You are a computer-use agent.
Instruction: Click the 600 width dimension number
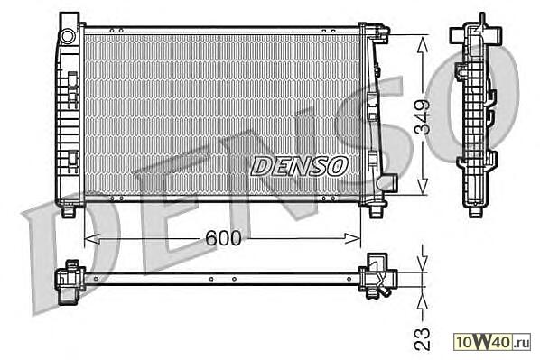[x=223, y=238]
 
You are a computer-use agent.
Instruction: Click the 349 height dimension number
[x=423, y=117]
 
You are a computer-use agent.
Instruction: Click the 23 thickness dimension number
[x=423, y=339]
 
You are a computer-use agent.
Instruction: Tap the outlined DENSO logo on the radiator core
[x=299, y=166]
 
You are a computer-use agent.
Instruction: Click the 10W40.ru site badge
[x=492, y=342]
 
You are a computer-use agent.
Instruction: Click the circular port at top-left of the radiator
[x=68, y=36]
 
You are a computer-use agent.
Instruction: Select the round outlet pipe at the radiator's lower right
[x=390, y=181]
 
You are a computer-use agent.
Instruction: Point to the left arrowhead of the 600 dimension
[x=92, y=238]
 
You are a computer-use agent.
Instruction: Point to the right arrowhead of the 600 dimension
[x=353, y=238]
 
